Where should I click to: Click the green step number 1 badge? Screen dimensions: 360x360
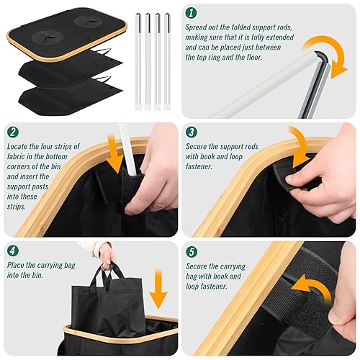click(x=191, y=12)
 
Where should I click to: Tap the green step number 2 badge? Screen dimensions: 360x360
click(x=13, y=132)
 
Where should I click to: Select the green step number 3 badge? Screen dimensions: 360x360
click(x=192, y=132)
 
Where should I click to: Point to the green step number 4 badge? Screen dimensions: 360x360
click(x=13, y=251)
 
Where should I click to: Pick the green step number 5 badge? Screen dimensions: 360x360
click(x=192, y=252)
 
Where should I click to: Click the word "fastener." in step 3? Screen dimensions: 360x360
click(x=199, y=166)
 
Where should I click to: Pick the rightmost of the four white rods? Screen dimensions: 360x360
click(x=167, y=62)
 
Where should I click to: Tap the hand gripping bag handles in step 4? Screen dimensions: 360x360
click(x=107, y=254)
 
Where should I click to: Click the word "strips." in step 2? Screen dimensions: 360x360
click(x=16, y=207)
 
